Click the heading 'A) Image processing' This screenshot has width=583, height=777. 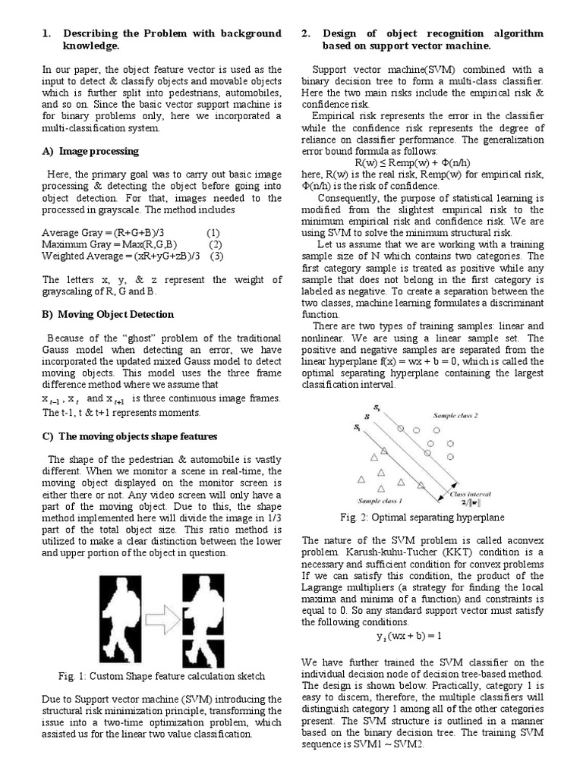point(90,151)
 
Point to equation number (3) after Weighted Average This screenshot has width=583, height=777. point(218,256)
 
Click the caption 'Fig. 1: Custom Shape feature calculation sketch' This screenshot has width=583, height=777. point(161,676)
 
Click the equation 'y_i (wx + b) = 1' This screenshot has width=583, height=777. point(409,635)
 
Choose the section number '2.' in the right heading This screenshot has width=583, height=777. point(306,34)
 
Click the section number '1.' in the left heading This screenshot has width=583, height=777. point(46,34)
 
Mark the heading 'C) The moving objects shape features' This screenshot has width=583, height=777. point(129,436)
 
